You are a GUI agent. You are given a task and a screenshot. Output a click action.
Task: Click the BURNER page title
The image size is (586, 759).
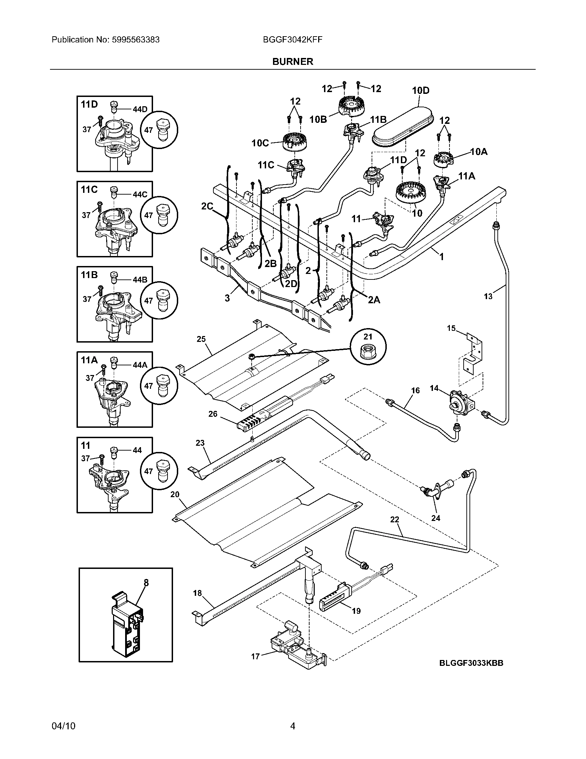[x=293, y=61]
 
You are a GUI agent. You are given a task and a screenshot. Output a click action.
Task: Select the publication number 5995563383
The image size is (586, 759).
[x=136, y=40]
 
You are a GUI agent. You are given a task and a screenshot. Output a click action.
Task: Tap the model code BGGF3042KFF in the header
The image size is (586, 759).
[x=293, y=40]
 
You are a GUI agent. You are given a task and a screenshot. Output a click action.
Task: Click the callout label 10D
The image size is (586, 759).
[x=421, y=90]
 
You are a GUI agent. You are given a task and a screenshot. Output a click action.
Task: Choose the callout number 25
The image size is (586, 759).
[x=201, y=339]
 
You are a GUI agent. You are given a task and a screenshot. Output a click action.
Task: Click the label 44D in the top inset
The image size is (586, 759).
[x=140, y=109]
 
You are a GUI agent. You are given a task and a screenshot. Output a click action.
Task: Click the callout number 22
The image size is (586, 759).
[x=395, y=519]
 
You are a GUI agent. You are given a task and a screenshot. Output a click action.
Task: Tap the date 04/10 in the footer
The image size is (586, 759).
[x=63, y=726]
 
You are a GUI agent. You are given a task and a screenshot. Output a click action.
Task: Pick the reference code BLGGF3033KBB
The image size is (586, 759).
[x=471, y=663]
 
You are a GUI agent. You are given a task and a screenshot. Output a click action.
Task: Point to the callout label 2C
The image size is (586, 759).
[x=207, y=206]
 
